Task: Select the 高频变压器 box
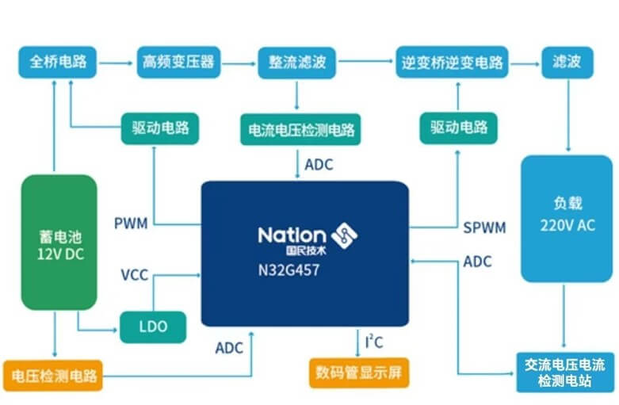pos(178,62)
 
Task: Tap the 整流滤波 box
pos(297,62)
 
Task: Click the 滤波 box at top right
pos(567,62)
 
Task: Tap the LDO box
pos(154,327)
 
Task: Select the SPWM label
pos(483,227)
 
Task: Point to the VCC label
pos(135,276)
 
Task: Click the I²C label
pos(375,342)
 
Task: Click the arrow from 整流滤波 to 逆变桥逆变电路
pos(365,62)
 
